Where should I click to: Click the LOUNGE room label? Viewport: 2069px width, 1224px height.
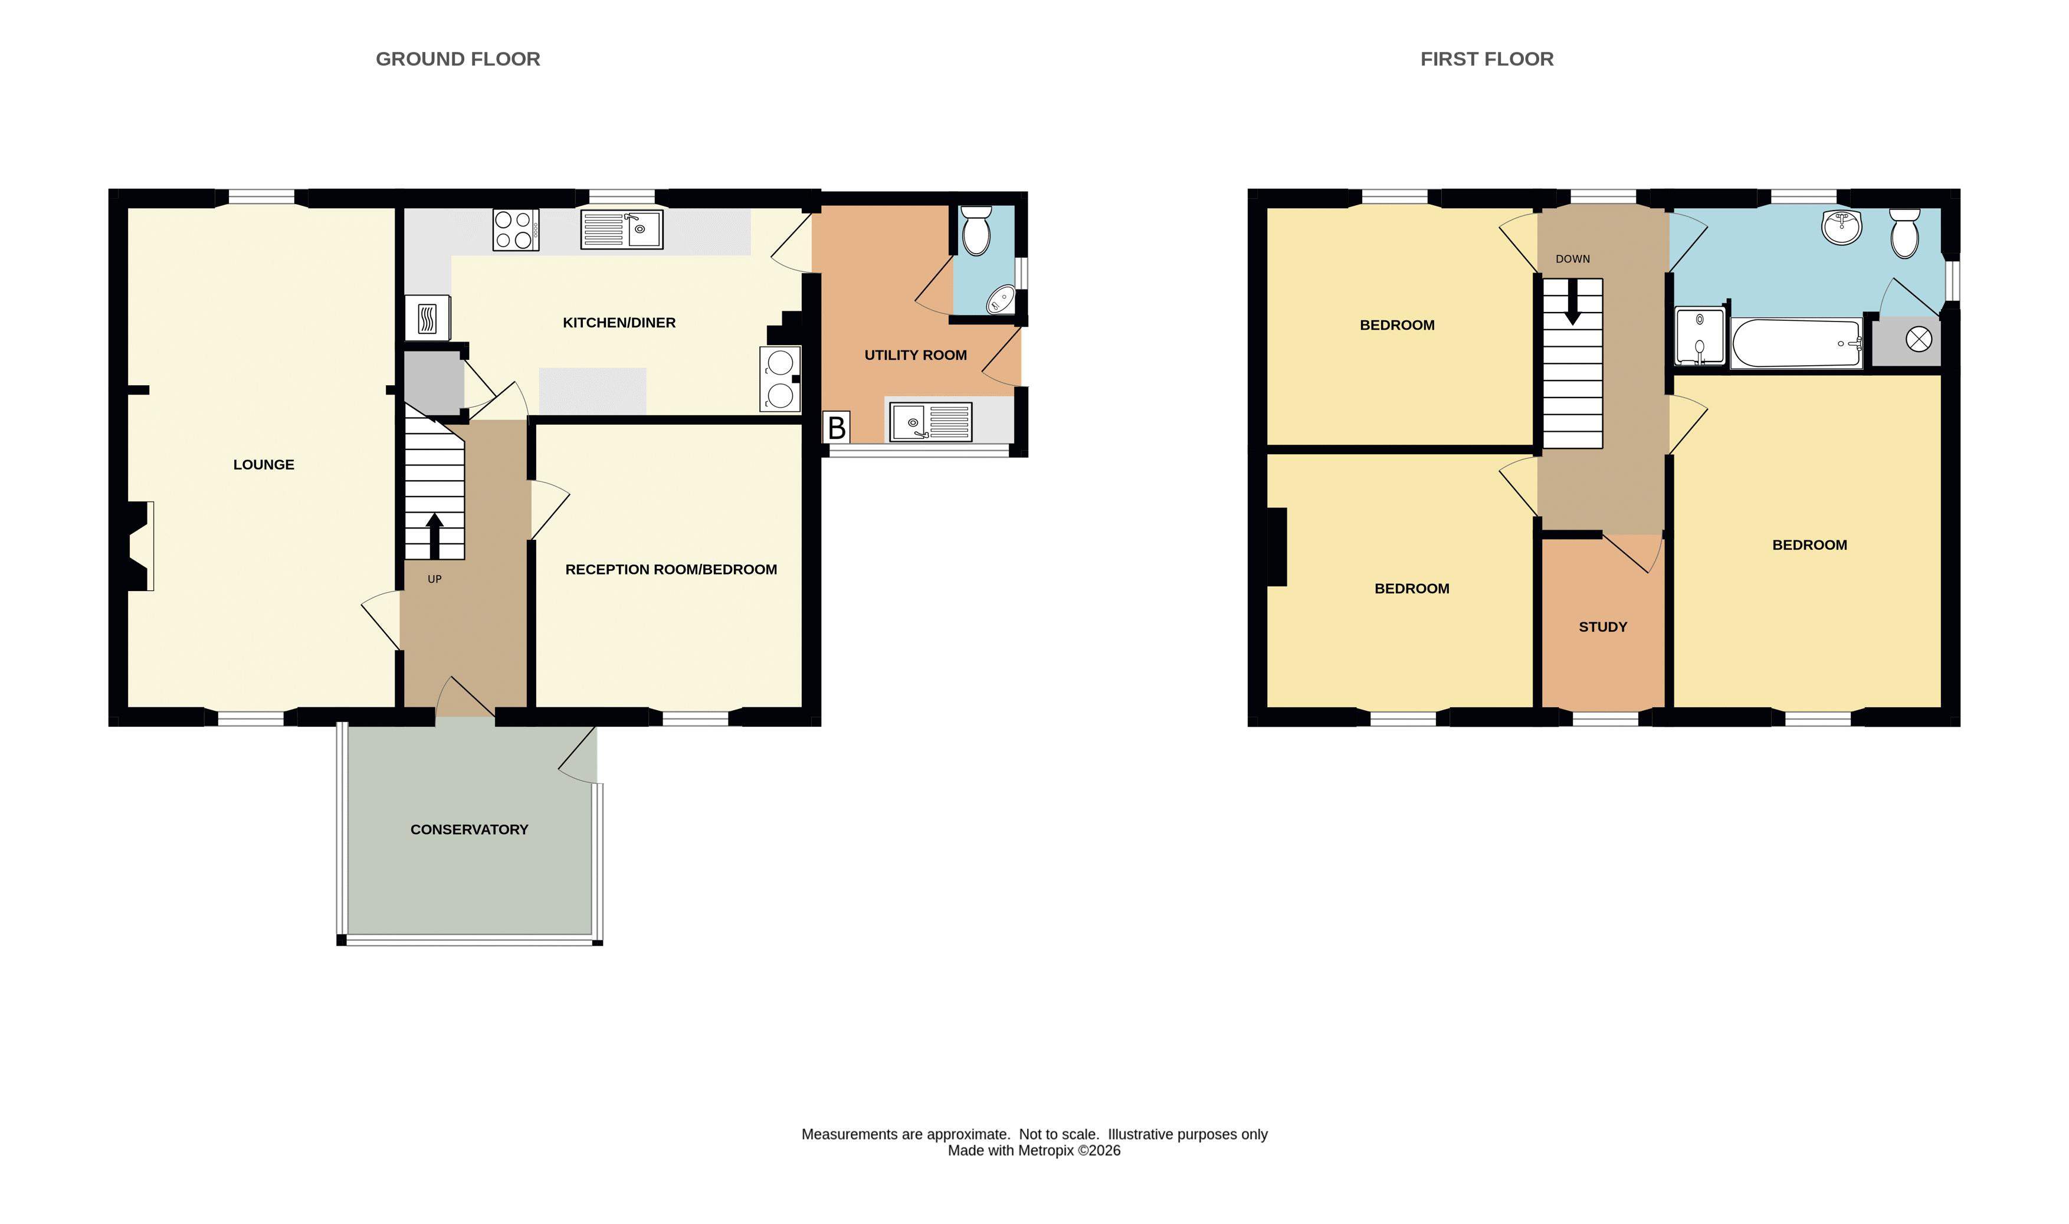(263, 464)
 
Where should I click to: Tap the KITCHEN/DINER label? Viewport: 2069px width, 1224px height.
(619, 323)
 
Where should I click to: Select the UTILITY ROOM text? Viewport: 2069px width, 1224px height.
(915, 355)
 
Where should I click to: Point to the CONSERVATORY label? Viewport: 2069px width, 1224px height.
(470, 829)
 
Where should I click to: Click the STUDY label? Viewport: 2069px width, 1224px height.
(1602, 627)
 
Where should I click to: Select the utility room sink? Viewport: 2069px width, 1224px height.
(930, 422)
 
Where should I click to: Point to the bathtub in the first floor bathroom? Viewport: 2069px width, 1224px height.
(1796, 343)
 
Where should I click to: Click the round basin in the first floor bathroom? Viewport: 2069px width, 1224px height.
(1841, 227)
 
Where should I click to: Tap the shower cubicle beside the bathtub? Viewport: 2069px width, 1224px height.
(1700, 336)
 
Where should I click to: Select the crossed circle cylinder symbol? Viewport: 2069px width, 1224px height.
(1919, 339)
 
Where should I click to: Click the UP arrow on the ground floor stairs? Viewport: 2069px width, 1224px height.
(434, 536)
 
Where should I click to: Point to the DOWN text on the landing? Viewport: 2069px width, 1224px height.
(1572, 259)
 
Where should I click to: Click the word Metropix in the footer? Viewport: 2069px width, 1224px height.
(1045, 1151)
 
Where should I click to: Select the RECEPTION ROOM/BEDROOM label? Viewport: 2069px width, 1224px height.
(671, 569)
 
